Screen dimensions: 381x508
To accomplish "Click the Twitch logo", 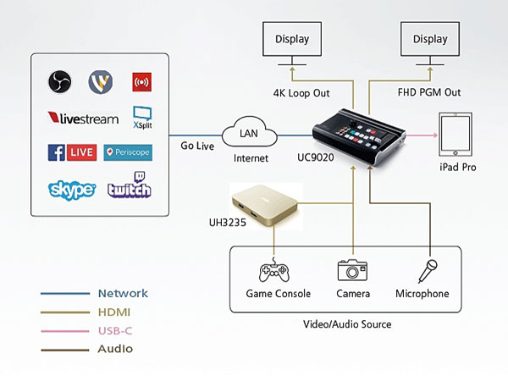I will [129, 188].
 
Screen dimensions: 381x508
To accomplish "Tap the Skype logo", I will [72, 189].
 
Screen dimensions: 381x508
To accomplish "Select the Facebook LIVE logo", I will [72, 152].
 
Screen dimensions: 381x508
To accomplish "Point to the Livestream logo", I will [83, 119].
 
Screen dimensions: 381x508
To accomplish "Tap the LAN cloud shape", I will [249, 135].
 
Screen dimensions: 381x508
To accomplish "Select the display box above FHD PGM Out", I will [428, 39].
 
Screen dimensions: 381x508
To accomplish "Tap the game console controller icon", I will [274, 271].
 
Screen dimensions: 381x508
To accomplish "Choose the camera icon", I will [353, 270].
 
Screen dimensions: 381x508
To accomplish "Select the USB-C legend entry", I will [115, 330].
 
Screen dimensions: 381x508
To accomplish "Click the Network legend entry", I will [123, 293].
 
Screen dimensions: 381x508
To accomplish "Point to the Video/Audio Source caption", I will [346, 323].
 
